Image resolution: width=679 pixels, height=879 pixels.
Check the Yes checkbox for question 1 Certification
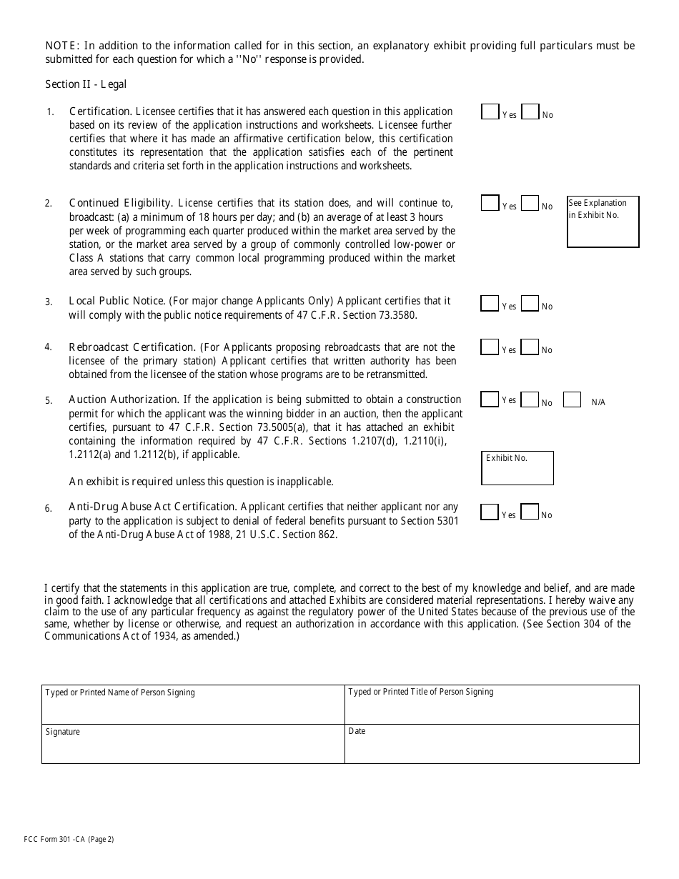click(x=490, y=111)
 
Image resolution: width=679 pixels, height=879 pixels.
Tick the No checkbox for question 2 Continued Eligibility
click(x=530, y=204)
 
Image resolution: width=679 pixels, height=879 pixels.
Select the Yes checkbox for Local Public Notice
click(x=490, y=304)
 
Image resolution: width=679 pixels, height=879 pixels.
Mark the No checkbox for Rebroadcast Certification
click(x=530, y=347)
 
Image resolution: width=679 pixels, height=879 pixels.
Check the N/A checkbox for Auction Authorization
click(x=572, y=399)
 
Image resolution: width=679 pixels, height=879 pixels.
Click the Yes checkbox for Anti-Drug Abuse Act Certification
click(x=490, y=512)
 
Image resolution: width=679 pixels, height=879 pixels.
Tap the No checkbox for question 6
click(x=530, y=512)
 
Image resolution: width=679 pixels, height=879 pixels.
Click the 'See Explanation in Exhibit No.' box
click(x=603, y=222)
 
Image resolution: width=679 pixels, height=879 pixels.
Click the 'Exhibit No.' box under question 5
click(x=518, y=469)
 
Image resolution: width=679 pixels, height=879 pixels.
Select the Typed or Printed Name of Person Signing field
click(x=193, y=705)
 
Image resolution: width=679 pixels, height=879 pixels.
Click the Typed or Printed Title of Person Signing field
click(x=492, y=705)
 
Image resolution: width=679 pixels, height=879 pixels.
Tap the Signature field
click(x=193, y=744)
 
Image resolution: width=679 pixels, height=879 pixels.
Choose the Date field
click(x=492, y=744)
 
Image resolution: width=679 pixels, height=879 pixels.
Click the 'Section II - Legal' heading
click(x=86, y=84)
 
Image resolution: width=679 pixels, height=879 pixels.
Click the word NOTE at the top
click(x=61, y=46)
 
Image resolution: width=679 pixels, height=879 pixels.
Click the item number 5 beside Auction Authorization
click(x=49, y=401)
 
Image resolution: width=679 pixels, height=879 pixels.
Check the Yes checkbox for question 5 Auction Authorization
click(x=490, y=399)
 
